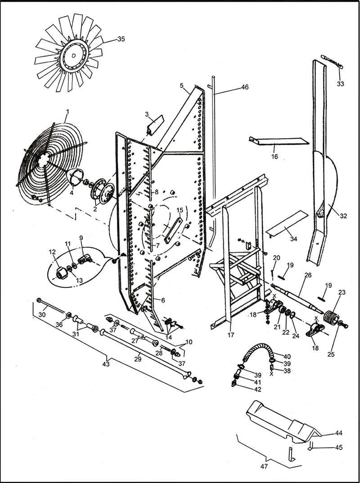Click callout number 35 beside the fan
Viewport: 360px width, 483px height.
121,39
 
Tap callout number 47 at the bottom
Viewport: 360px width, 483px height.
264,467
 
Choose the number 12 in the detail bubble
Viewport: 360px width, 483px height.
52,252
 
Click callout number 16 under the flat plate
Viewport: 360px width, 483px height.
274,157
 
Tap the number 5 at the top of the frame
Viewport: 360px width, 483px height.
181,85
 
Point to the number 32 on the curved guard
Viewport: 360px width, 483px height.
343,216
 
